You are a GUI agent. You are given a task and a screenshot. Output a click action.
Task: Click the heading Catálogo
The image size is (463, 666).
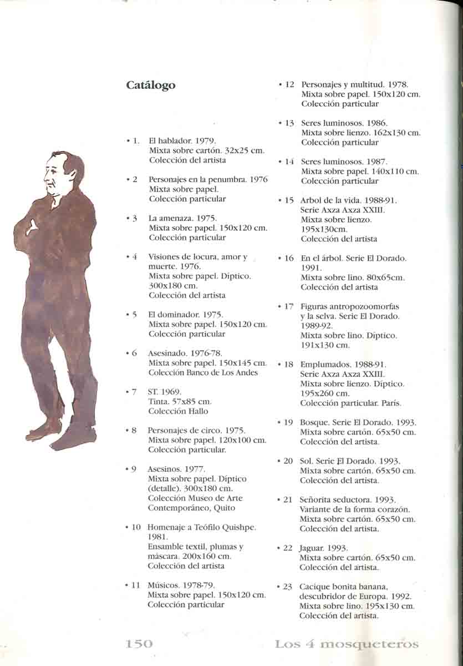(150, 85)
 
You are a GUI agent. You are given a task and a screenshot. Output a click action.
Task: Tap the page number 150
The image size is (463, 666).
(139, 644)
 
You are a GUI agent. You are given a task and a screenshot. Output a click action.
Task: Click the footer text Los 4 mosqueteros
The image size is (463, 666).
(347, 644)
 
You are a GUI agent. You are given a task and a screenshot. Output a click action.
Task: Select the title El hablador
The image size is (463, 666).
(171, 141)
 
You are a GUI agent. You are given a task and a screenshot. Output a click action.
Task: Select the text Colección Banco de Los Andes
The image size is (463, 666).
(203, 372)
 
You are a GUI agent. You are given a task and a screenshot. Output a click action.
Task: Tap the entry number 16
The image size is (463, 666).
(289, 258)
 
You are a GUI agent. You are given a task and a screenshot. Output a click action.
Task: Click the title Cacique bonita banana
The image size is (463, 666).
(343, 587)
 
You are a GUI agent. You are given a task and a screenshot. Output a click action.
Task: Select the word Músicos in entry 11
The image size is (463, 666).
(162, 585)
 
